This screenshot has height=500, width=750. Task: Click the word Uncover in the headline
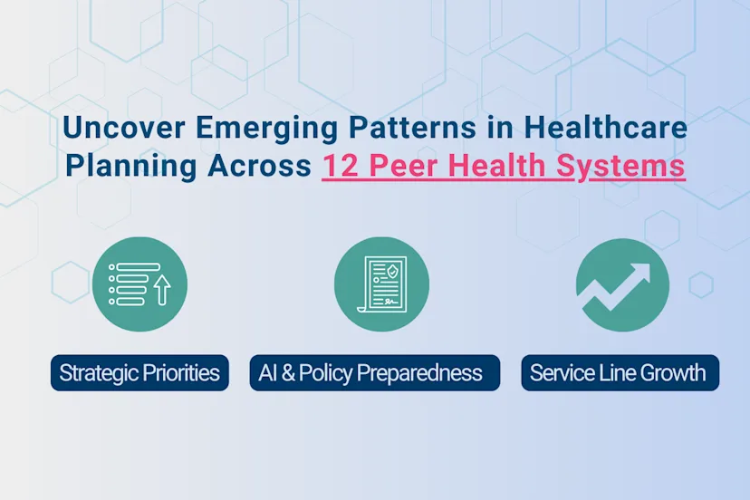point(112,129)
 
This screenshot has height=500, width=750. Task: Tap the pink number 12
point(341,168)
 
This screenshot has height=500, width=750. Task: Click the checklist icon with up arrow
point(139,284)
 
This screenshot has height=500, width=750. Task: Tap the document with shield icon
point(380,284)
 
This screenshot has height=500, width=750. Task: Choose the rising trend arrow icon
point(622,284)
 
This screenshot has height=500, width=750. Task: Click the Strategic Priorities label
point(139,372)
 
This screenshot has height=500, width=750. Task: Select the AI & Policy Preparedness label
point(374,372)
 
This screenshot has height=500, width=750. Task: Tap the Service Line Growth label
point(620,372)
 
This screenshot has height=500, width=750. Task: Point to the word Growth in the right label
point(671,372)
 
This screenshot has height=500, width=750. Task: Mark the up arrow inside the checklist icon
point(163,292)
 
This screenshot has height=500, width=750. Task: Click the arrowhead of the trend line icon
point(641,273)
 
